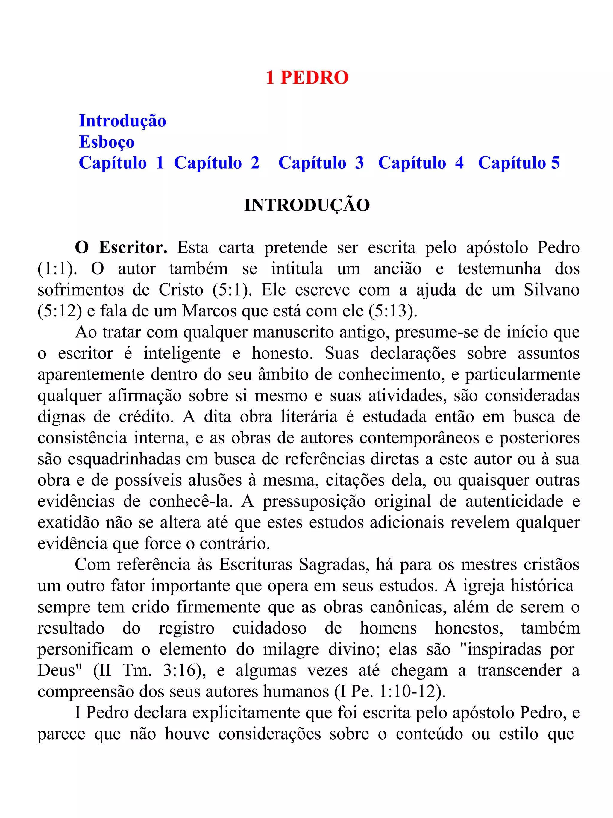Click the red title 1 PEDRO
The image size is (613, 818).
point(307,78)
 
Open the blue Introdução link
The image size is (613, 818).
point(122,121)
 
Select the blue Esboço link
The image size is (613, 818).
point(107,142)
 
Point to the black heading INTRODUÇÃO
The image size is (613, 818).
point(307,205)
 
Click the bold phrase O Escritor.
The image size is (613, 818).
point(121,248)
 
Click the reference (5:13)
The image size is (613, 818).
point(393,311)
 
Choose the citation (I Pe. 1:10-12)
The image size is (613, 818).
point(390,692)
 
